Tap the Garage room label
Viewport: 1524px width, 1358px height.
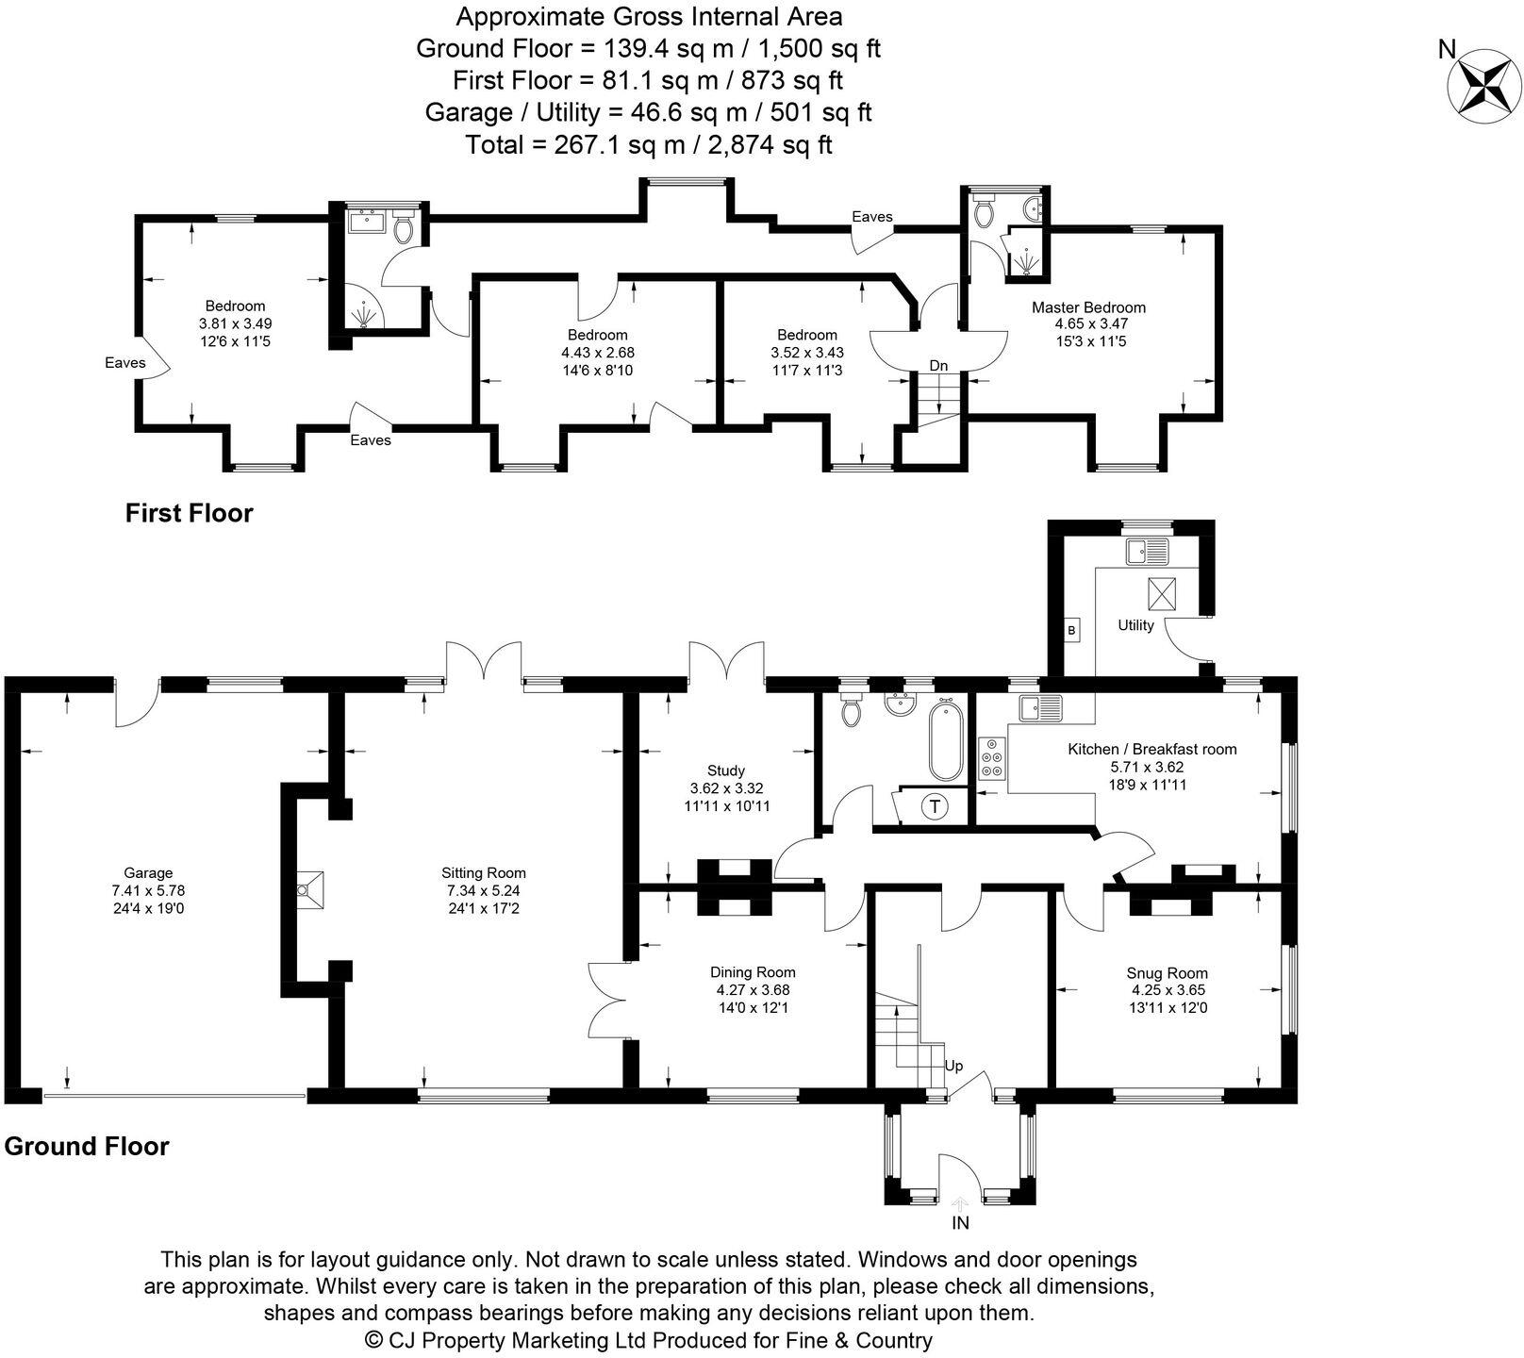(x=148, y=873)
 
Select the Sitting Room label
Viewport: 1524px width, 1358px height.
(x=483, y=873)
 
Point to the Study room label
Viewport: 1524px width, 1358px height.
(x=725, y=770)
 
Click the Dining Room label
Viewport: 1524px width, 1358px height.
(x=753, y=972)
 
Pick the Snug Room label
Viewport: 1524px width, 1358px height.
(x=1167, y=973)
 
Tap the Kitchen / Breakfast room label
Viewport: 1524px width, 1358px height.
(x=1151, y=750)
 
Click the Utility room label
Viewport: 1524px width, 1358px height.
(x=1135, y=625)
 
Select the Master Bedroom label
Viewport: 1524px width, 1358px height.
(x=1088, y=307)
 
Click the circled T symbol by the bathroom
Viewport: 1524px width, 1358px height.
(x=935, y=806)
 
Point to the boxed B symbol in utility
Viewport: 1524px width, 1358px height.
(x=1071, y=630)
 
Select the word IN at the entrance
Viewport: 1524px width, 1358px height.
(x=960, y=1223)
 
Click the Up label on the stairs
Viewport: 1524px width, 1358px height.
(x=953, y=1066)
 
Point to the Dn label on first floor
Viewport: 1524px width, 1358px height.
(x=938, y=366)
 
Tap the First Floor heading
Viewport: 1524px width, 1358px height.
(x=190, y=514)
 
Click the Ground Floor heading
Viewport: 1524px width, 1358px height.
(x=87, y=1147)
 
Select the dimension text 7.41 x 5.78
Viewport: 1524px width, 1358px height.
(x=148, y=890)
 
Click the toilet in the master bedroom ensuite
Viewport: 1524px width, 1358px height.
(x=984, y=211)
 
